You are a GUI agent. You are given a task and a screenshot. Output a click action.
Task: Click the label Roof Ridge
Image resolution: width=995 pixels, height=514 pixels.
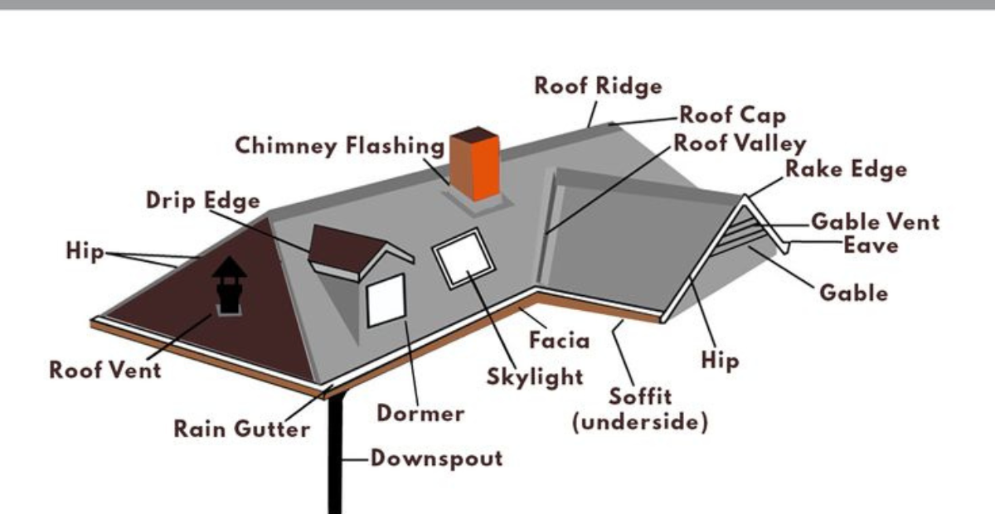pos(598,85)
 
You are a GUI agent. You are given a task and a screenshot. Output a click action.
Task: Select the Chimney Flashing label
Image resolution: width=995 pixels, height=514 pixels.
pos(340,146)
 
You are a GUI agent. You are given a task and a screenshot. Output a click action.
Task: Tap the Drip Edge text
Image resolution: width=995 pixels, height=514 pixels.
pos(202,201)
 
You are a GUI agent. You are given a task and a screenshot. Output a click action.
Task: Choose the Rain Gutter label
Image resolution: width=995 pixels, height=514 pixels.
pos(241,429)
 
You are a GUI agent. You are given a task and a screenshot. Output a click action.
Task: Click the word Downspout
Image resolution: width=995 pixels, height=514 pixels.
pos(436,458)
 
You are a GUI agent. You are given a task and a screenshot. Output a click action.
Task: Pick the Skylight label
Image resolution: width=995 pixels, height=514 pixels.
pos(535,377)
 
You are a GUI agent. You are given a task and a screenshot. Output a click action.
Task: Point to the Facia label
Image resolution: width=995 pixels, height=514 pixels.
pos(560,340)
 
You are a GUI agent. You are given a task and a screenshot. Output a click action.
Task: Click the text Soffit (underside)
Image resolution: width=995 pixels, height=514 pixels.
pos(640,409)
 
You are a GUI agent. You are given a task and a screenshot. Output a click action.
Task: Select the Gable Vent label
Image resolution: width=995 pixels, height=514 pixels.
pos(875,222)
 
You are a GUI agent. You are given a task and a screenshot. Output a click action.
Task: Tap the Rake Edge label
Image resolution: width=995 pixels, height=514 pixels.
pos(846,170)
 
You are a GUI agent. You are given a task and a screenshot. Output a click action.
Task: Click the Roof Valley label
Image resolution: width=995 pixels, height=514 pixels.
pos(740,143)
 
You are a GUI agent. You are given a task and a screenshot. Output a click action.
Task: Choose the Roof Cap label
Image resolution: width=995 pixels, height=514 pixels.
pos(732,114)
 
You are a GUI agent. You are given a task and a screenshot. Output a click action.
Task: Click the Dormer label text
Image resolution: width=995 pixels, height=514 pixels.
pos(420,412)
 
